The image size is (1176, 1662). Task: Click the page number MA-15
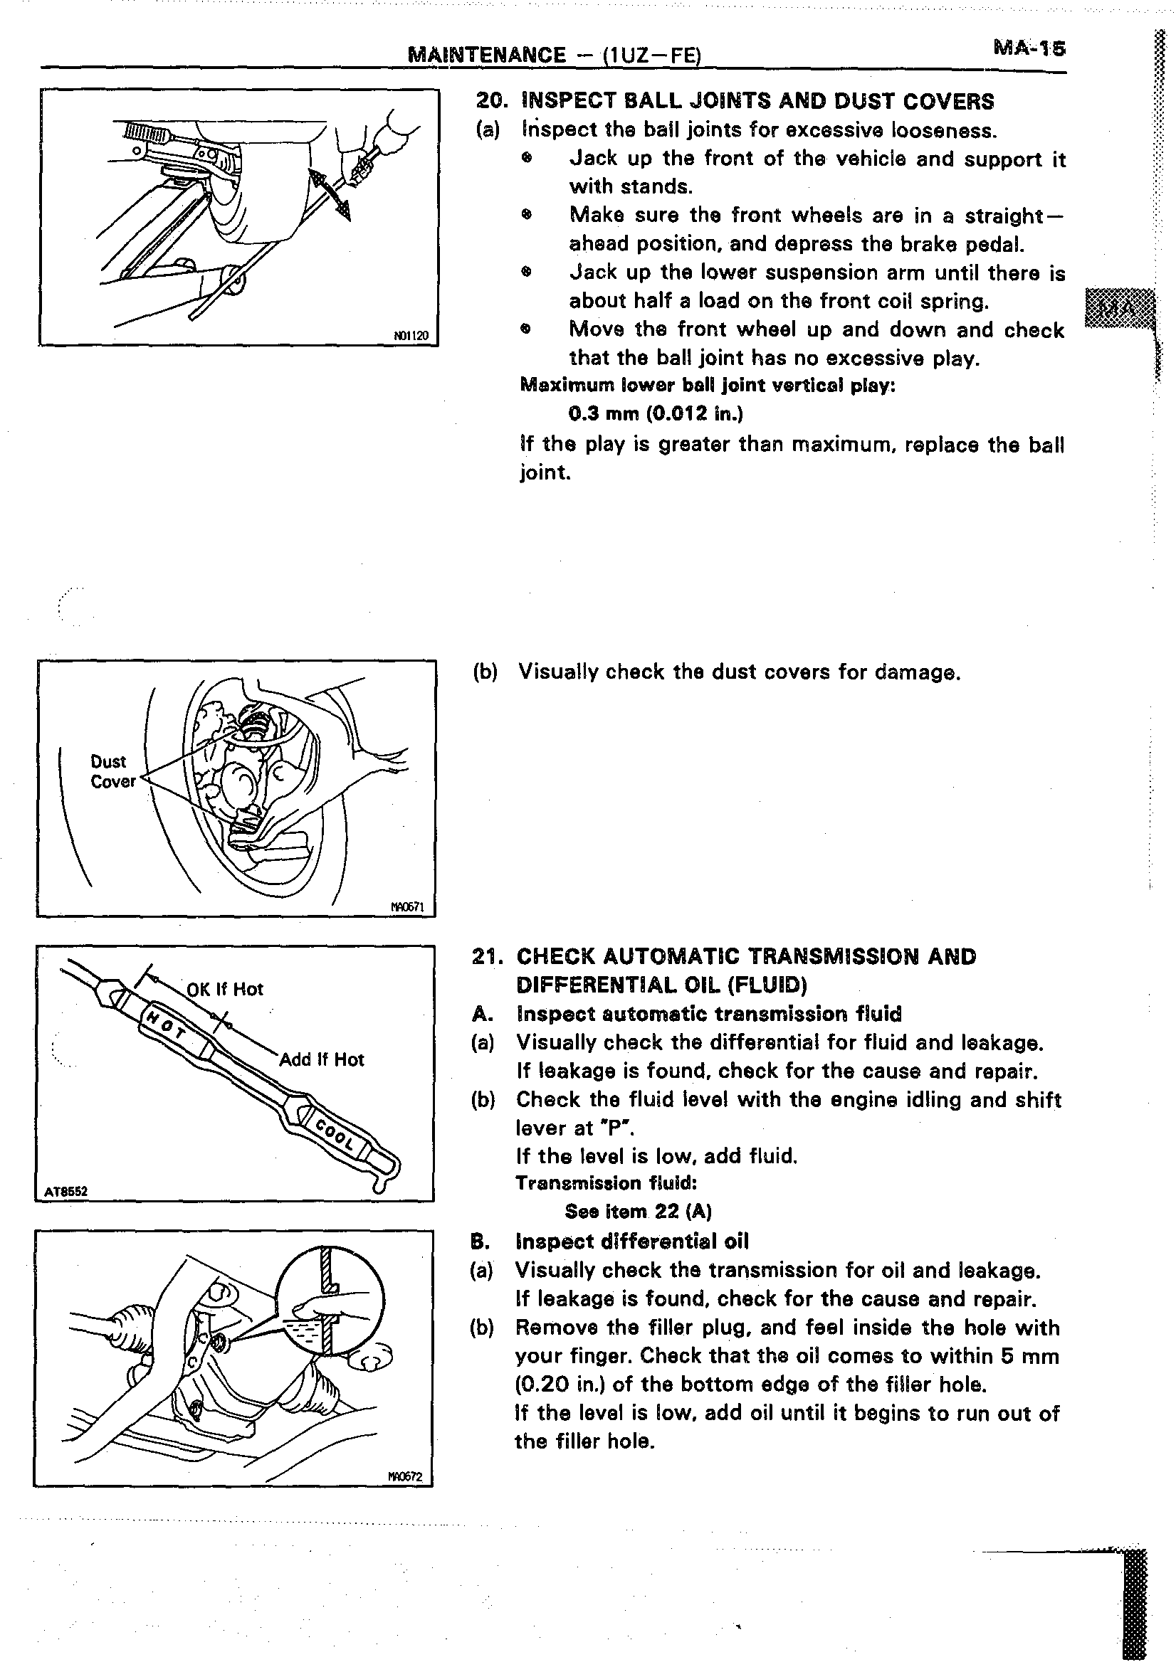[x=1029, y=48]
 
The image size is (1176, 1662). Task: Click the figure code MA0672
[x=405, y=1477]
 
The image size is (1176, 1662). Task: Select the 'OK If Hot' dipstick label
[x=224, y=989]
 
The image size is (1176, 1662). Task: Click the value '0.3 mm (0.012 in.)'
[x=656, y=413]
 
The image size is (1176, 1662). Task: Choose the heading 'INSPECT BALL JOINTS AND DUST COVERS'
[x=757, y=101]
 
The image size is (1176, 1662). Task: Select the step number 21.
[x=486, y=956]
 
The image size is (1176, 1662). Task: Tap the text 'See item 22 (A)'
[x=638, y=1211]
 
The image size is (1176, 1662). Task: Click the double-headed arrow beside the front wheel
[x=331, y=194]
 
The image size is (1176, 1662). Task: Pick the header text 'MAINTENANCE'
[x=488, y=54]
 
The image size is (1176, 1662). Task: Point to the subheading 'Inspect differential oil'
[x=631, y=1241]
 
